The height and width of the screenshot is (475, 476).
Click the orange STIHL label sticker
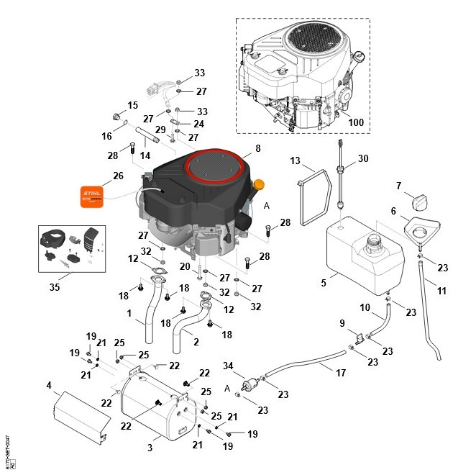(x=92, y=196)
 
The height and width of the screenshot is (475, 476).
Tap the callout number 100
(x=355, y=122)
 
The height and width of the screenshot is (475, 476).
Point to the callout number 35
(x=54, y=286)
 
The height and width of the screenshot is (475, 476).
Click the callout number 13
(x=295, y=160)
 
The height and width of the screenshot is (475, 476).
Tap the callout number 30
(x=363, y=158)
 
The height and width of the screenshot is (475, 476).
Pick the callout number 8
(x=257, y=149)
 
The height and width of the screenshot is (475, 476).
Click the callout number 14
(x=145, y=155)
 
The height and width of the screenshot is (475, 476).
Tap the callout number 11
(x=441, y=291)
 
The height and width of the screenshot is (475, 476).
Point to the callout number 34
(x=229, y=366)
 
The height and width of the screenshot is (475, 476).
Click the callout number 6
(x=393, y=211)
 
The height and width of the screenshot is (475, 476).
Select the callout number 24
(x=198, y=124)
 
